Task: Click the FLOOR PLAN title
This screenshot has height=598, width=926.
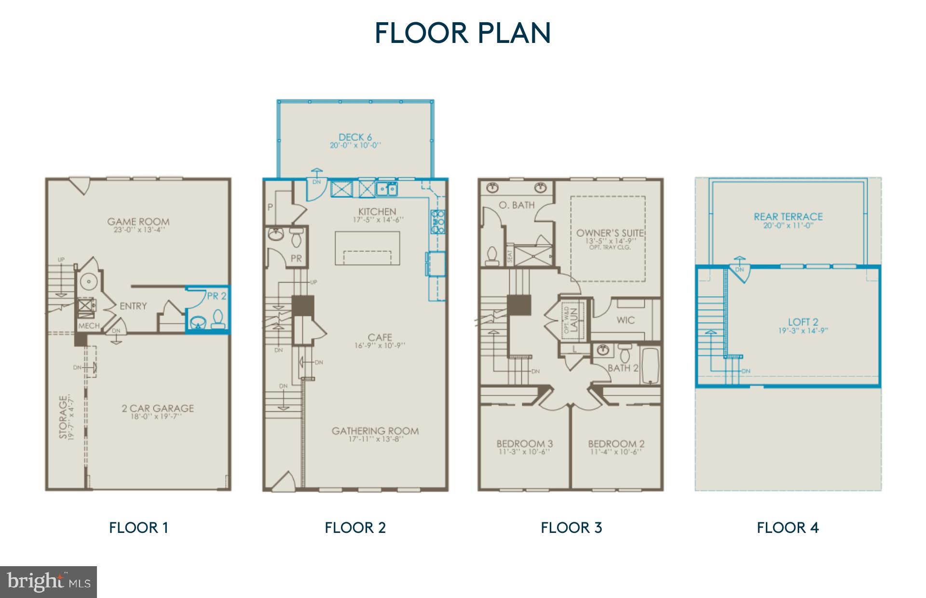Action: [463, 33]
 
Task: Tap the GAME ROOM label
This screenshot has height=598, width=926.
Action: [138, 222]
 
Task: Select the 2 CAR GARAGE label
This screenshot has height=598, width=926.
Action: [158, 408]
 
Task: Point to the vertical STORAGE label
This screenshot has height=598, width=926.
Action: [63, 417]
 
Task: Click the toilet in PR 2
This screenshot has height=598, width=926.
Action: [218, 319]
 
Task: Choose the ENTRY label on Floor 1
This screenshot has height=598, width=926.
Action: [133, 306]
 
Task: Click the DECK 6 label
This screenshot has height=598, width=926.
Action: [355, 137]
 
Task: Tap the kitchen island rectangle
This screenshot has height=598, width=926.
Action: [368, 247]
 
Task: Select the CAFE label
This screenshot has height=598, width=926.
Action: [380, 338]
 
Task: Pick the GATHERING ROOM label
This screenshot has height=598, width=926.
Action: [375, 431]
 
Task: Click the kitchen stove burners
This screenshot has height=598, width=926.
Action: [438, 222]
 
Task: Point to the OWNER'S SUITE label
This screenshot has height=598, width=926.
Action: [610, 233]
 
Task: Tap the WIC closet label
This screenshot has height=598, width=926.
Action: [626, 320]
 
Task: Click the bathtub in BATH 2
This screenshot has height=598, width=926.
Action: [650, 367]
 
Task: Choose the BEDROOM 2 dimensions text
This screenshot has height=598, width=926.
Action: [616, 452]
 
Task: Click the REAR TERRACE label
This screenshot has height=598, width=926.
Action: [788, 217]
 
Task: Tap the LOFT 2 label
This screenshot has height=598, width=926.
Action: [803, 322]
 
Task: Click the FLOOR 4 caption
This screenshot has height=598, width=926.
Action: [788, 528]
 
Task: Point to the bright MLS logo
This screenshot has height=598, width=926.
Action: [48, 582]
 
